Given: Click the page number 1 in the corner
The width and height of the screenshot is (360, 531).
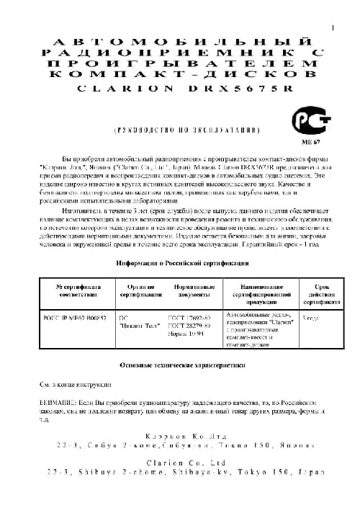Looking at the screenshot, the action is (332, 27).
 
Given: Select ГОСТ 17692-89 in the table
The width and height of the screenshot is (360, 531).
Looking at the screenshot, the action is (190, 318).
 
